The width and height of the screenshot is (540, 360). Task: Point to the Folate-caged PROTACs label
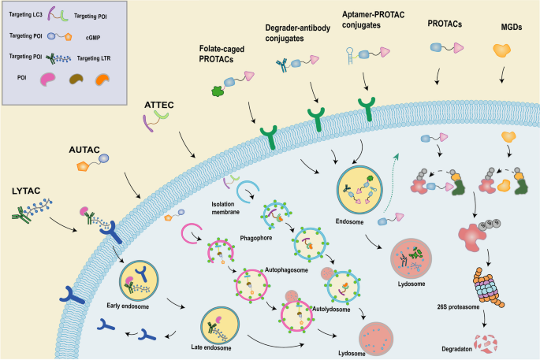[227, 54]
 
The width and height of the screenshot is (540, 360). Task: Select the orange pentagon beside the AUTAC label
[81, 166]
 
